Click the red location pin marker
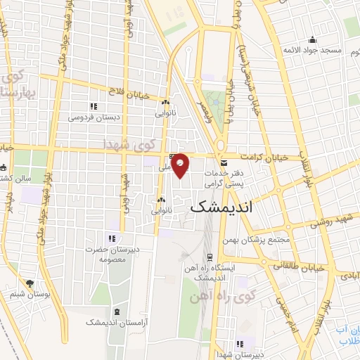[x=181, y=165]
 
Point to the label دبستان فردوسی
[x=94, y=117]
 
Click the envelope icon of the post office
[x=224, y=162]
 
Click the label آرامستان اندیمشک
[x=115, y=321]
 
